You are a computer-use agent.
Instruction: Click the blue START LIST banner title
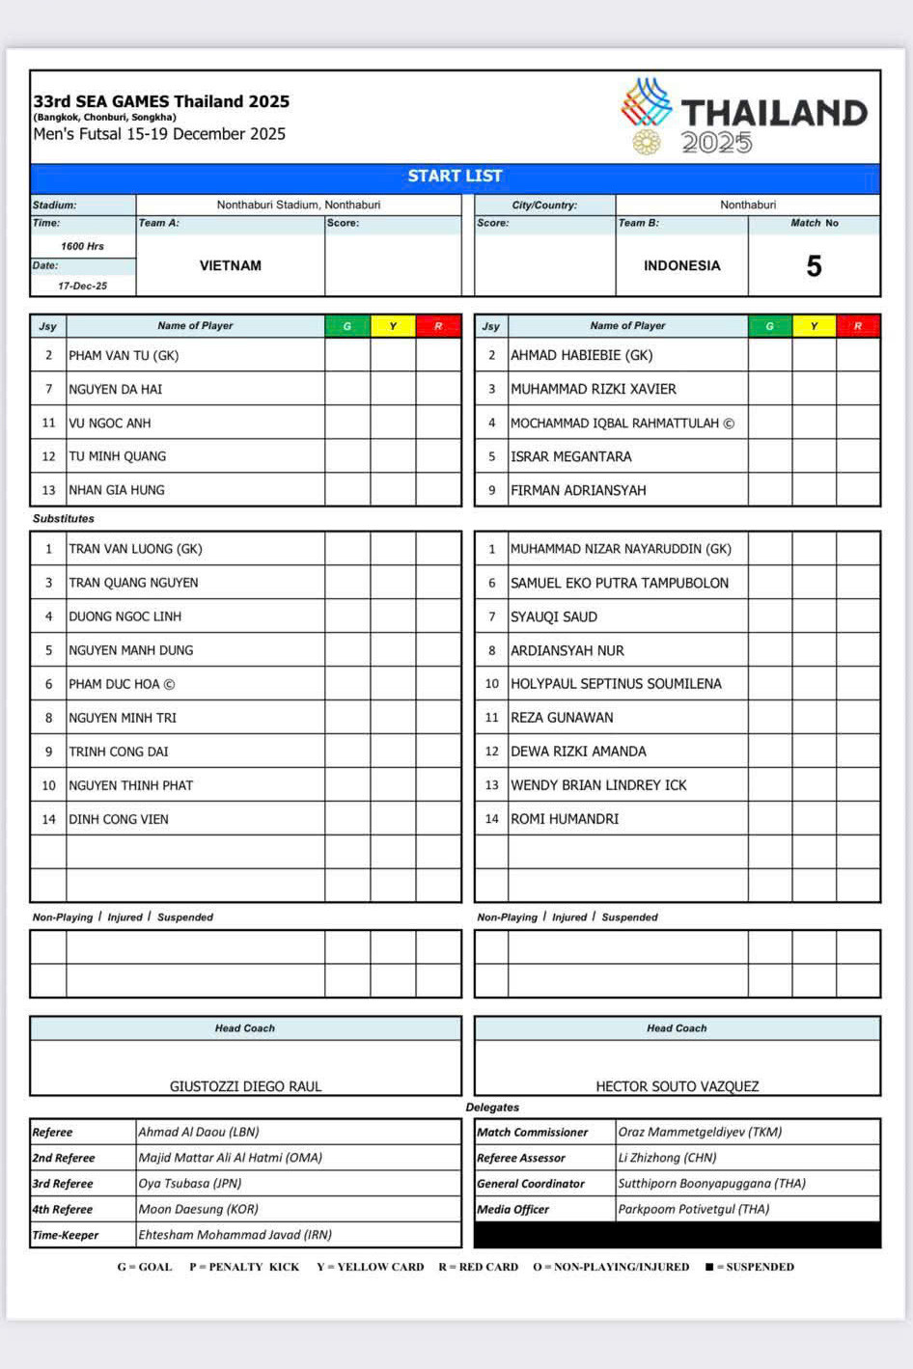point(455,177)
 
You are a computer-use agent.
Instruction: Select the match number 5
point(814,266)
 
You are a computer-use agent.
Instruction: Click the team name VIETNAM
point(231,266)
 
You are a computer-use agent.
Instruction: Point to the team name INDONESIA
point(681,266)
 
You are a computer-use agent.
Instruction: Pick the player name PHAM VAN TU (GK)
point(124,356)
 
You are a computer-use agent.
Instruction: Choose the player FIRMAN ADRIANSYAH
point(578,490)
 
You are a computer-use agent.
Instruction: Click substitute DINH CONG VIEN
point(119,819)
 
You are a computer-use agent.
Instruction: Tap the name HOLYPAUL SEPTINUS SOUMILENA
point(616,684)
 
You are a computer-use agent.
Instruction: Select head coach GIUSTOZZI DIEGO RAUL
point(245,1086)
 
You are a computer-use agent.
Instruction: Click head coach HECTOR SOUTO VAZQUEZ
point(677,1086)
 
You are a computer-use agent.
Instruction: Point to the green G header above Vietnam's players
point(347,326)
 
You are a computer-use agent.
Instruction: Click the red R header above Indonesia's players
point(857,326)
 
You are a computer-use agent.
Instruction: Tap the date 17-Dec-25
point(83,286)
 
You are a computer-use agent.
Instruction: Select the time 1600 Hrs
point(83,246)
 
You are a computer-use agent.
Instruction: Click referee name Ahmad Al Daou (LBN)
point(199,1133)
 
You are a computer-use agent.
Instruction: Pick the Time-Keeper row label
point(66,1235)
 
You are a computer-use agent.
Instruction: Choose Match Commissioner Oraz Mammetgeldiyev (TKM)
point(700,1133)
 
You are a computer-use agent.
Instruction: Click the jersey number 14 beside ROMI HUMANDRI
point(491,819)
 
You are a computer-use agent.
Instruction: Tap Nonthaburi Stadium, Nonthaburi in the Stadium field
point(298,205)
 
